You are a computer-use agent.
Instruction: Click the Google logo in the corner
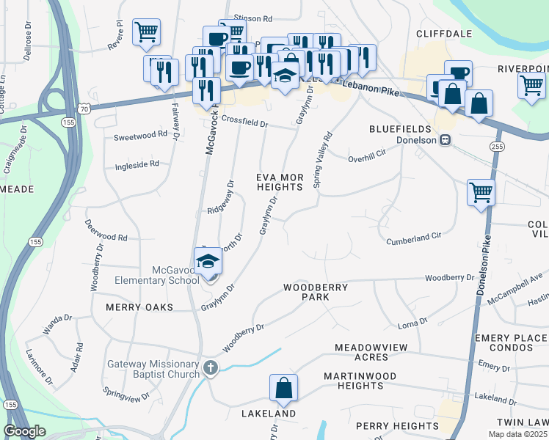(23, 431)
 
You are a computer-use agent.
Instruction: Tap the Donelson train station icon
(445, 140)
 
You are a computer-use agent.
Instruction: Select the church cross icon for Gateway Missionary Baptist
(211, 367)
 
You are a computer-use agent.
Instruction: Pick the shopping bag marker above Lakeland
(283, 389)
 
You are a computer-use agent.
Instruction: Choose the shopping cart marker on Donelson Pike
(481, 193)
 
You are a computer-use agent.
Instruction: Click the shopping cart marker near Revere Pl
(146, 32)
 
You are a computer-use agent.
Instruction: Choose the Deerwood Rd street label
(106, 238)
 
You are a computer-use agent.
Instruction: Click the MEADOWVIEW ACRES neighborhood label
(371, 351)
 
